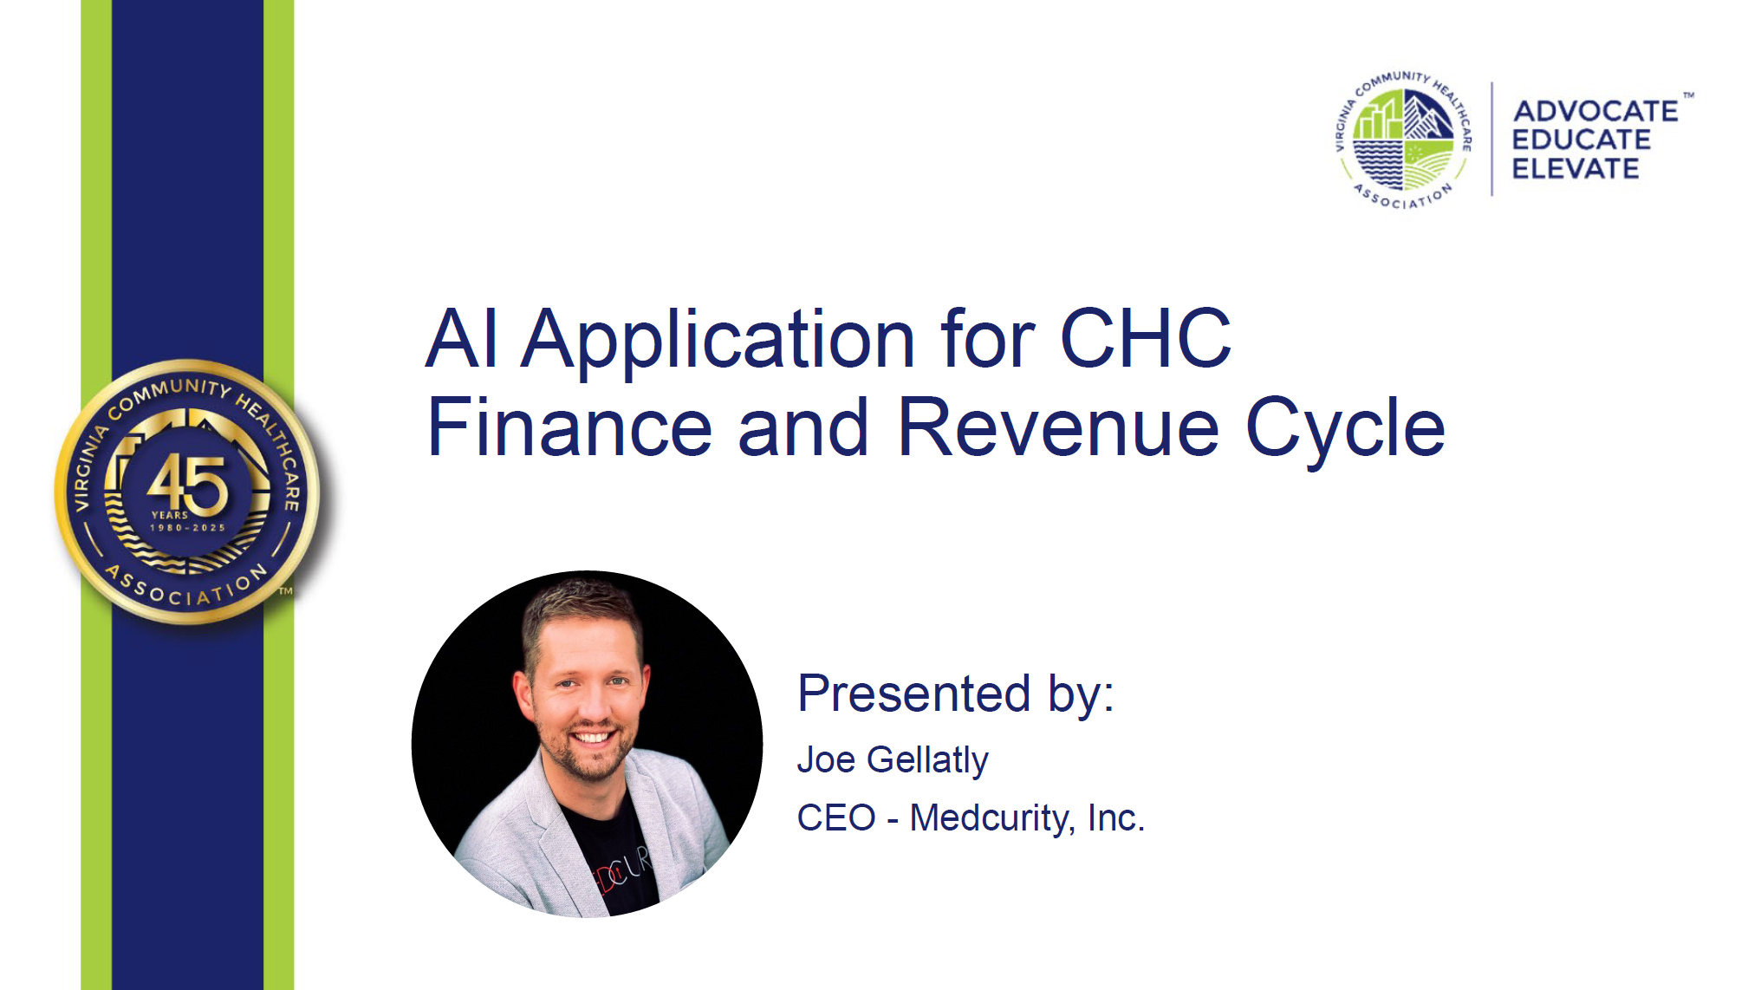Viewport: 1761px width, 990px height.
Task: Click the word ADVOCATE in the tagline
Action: pos(1595,111)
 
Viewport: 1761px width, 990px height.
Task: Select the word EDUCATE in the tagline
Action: pos(1582,140)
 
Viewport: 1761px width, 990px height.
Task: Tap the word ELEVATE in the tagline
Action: pos(1576,168)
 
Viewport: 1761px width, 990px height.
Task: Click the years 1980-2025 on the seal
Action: pos(188,528)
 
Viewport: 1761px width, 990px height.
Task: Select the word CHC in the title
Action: pos(1145,338)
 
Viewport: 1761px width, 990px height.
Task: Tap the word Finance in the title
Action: pos(569,427)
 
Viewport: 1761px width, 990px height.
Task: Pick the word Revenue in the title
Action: pos(1058,427)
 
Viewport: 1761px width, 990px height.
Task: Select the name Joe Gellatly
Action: pos(893,761)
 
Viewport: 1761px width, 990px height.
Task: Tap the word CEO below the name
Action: pos(836,818)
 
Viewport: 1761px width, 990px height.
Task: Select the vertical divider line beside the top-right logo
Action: pos(1491,140)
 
